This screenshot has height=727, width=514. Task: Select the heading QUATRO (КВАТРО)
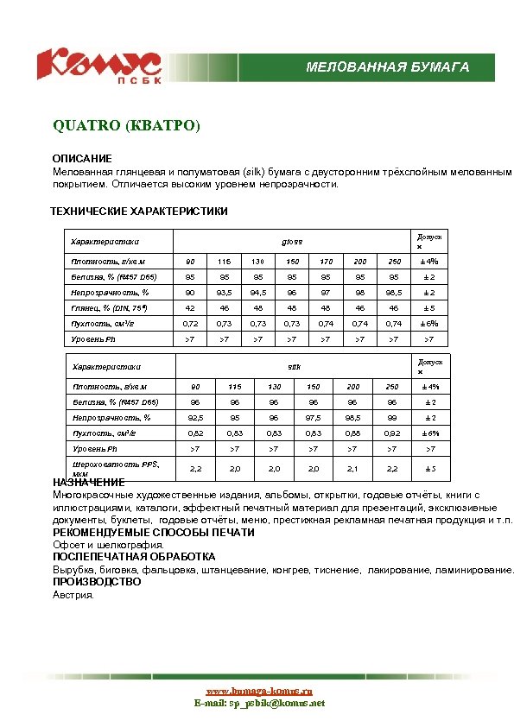tap(126, 126)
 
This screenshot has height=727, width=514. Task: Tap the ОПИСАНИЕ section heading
tap(82, 160)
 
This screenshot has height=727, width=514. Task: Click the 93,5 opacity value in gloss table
tap(224, 293)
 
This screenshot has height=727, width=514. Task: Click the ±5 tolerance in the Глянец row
tap(428, 308)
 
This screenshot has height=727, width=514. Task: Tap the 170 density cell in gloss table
tap(326, 262)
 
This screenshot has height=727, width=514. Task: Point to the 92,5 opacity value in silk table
tap(196, 417)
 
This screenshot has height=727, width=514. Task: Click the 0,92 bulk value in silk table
tap(392, 433)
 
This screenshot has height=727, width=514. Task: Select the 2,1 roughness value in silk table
tap(352, 468)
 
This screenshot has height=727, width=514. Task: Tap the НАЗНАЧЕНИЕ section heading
tap(89, 483)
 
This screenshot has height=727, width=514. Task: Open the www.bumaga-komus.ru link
tap(258, 692)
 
